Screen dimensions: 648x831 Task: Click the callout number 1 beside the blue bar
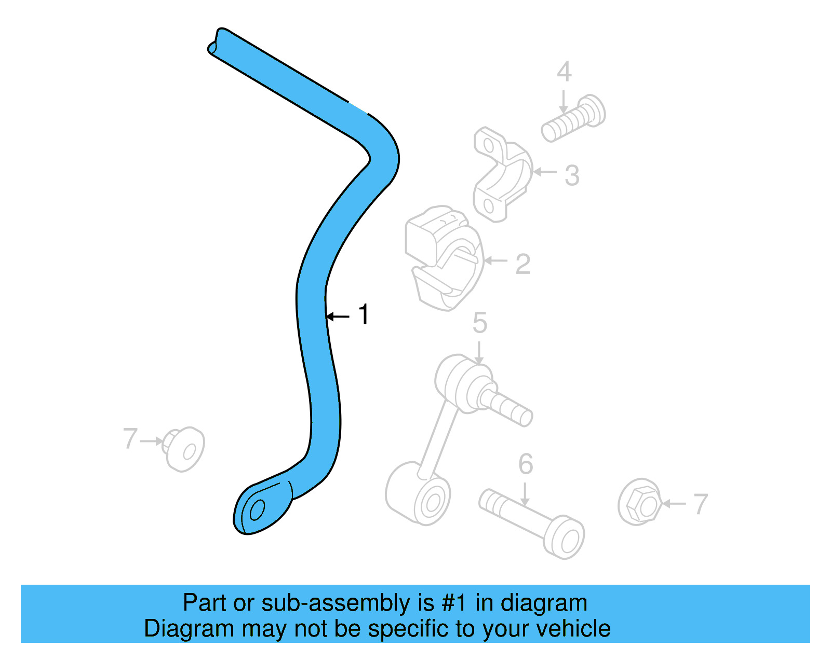click(x=364, y=315)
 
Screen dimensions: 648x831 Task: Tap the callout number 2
click(x=522, y=264)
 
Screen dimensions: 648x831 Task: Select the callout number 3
click(x=572, y=175)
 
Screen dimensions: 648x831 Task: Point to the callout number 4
click(x=564, y=72)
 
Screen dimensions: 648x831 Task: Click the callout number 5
click(x=480, y=323)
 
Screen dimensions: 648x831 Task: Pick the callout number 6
click(x=526, y=464)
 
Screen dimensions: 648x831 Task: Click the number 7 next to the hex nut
click(x=701, y=504)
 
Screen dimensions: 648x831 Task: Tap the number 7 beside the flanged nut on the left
click(x=130, y=438)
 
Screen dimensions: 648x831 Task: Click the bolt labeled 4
click(x=573, y=118)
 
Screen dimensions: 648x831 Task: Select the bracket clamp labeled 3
click(x=502, y=174)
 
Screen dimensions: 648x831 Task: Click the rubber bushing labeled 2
click(x=443, y=257)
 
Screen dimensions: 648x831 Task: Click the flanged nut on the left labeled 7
click(x=184, y=449)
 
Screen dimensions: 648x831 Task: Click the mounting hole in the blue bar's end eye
click(x=257, y=510)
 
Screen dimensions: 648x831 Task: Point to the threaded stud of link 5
click(x=506, y=407)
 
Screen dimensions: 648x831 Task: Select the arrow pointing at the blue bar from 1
click(x=338, y=316)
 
